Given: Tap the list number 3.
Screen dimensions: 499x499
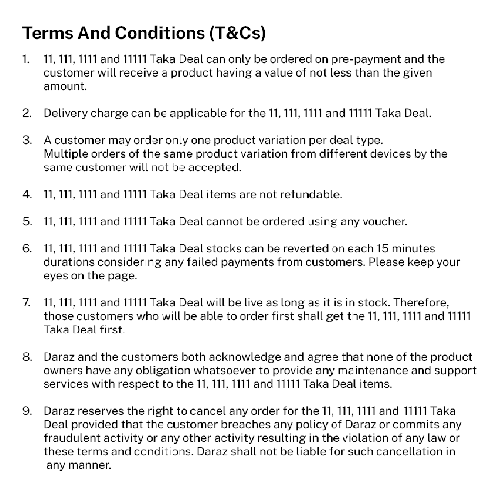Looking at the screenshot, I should tap(27, 140).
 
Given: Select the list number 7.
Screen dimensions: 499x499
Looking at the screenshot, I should tap(26, 302).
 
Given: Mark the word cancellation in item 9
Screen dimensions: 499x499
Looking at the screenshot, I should tap(405, 452).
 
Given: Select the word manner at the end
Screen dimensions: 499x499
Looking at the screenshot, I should tap(93, 465).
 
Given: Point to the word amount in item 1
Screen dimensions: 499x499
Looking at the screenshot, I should tap(65, 86).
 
